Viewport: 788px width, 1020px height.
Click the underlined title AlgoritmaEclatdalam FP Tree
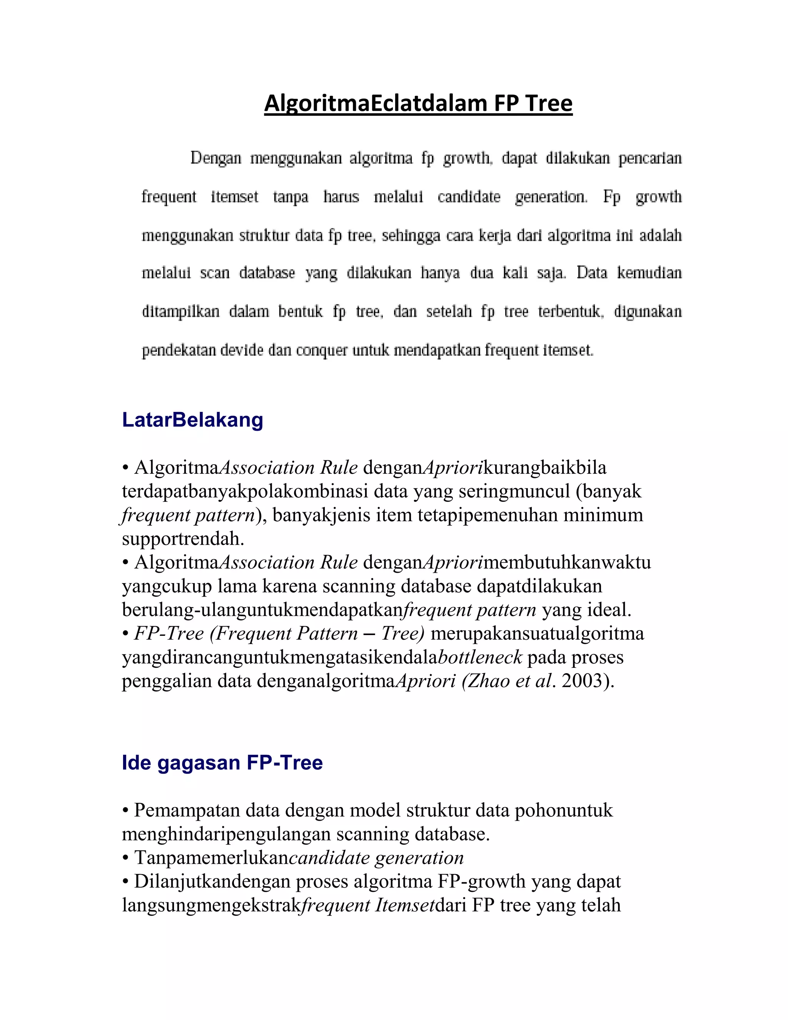point(418,103)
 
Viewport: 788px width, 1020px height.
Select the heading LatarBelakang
point(192,420)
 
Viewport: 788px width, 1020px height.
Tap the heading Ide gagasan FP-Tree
point(222,762)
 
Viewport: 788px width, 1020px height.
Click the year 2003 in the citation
point(581,681)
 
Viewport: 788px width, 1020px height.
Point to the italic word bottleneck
point(480,657)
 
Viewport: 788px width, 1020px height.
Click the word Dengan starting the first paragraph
point(216,158)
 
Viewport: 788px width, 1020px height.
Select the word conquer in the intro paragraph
point(322,350)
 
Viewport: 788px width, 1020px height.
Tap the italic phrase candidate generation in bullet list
point(376,858)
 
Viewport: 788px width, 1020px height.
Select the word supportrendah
point(183,538)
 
